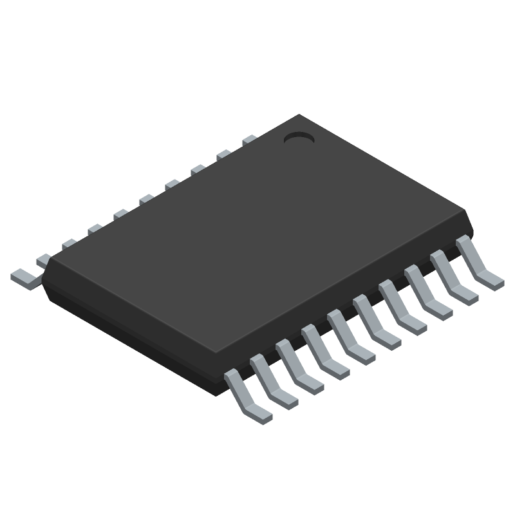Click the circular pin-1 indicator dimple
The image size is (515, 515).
pos(298,137)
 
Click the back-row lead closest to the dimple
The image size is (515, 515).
pos(249,139)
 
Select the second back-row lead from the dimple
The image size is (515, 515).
pos(223,154)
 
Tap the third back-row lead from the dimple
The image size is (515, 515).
pos(198,169)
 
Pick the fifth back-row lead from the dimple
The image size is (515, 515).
pos(146,199)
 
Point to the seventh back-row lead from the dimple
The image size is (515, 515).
pos(95,229)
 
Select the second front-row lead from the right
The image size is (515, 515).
pos(453,277)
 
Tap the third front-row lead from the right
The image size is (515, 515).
pos(427,292)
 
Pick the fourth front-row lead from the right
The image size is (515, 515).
pos(402,307)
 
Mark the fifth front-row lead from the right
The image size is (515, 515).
pos(376,322)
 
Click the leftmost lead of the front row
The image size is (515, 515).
pos(247,396)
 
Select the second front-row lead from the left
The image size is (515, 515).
pos(273,381)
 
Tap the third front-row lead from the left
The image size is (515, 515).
pos(299,366)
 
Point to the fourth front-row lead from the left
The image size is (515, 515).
pos(324,351)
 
